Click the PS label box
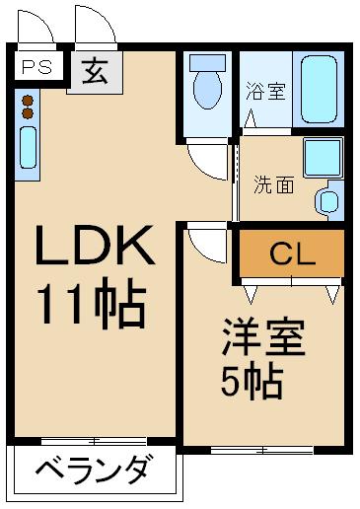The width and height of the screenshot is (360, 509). coord(37,67)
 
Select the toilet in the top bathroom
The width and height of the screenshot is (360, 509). coord(207,84)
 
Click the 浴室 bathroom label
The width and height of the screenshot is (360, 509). coord(265,92)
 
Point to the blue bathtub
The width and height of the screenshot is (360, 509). coord(320,89)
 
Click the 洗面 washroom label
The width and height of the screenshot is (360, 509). coord(273,183)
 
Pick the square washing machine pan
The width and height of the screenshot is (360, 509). coord(322,158)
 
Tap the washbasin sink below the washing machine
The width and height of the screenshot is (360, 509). coord(328,199)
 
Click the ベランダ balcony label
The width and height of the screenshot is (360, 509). coord(95,471)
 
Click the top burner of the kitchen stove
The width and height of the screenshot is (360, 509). coord(28,98)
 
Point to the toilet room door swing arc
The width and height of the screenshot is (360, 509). coord(210,159)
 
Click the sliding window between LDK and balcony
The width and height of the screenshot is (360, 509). coord(95,440)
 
